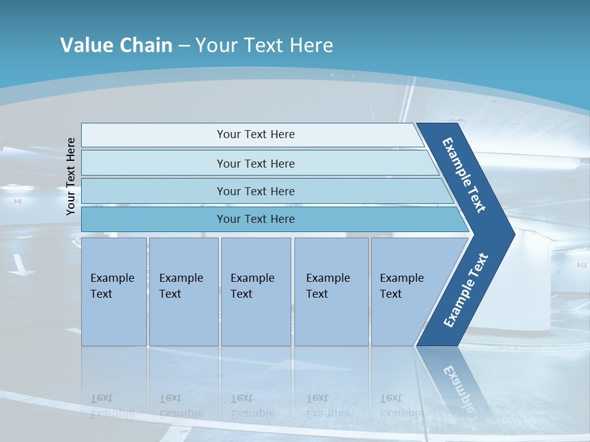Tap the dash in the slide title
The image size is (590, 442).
[x=184, y=46]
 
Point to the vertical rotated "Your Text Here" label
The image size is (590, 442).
[x=71, y=176]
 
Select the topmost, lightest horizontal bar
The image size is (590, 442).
[x=256, y=134]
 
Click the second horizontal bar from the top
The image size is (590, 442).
[x=256, y=163]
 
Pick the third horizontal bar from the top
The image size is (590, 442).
[x=256, y=191]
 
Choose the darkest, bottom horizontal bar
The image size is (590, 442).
[x=256, y=219]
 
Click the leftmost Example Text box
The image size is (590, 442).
[x=114, y=292]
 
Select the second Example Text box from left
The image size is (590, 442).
[x=184, y=292]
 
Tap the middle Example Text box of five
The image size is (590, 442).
[x=256, y=292]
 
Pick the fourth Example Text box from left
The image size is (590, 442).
[x=331, y=292]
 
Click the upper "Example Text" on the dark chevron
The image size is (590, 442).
[x=464, y=174]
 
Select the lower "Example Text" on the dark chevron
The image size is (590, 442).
[x=466, y=290]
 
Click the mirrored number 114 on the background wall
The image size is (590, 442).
[x=581, y=265]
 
